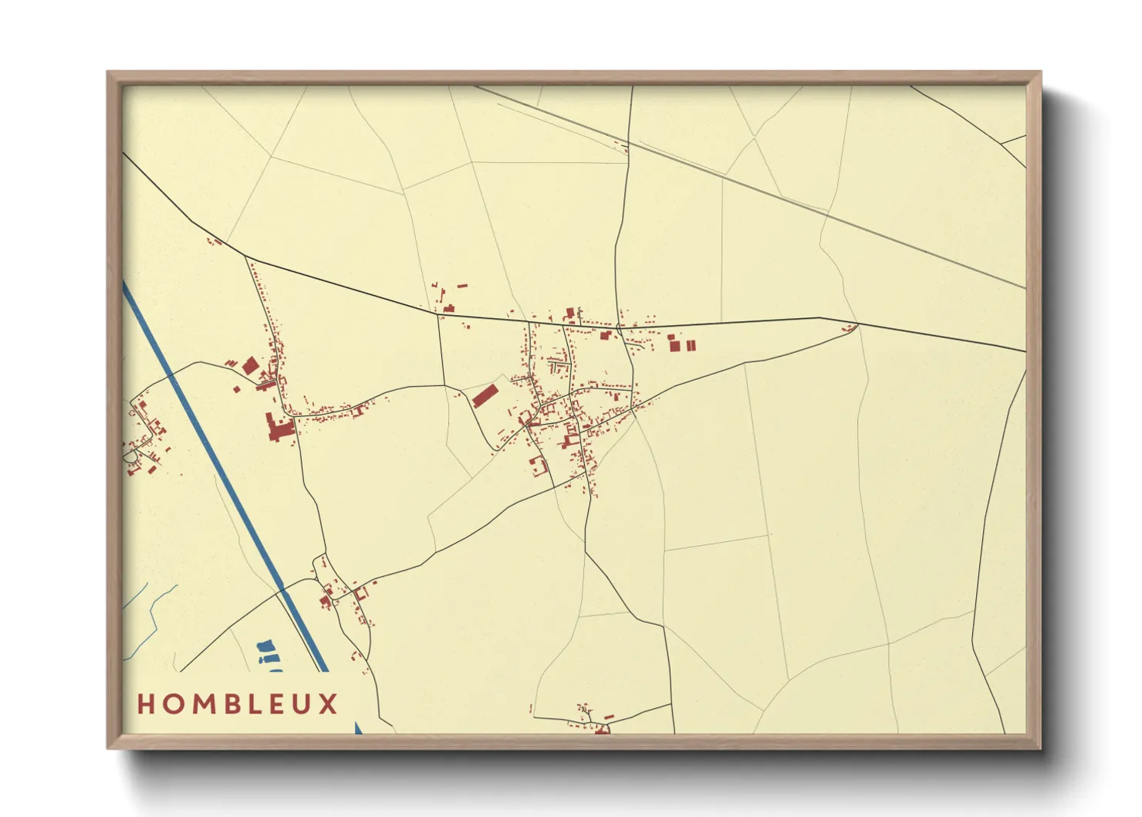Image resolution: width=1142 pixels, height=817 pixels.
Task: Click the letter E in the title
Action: pos(281,703)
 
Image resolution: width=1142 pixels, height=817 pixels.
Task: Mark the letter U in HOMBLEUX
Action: pos(305,703)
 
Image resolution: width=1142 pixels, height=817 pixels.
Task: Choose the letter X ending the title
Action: pos(329,703)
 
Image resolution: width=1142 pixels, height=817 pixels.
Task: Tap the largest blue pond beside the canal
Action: pos(266,645)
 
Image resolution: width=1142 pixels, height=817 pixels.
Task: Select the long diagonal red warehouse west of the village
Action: pos(484,395)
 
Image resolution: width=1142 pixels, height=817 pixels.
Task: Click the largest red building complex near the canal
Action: pos(278,427)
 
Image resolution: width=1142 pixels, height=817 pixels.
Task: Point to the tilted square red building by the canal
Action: pos(250,365)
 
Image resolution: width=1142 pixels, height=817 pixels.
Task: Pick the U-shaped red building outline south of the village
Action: pos(538,465)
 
